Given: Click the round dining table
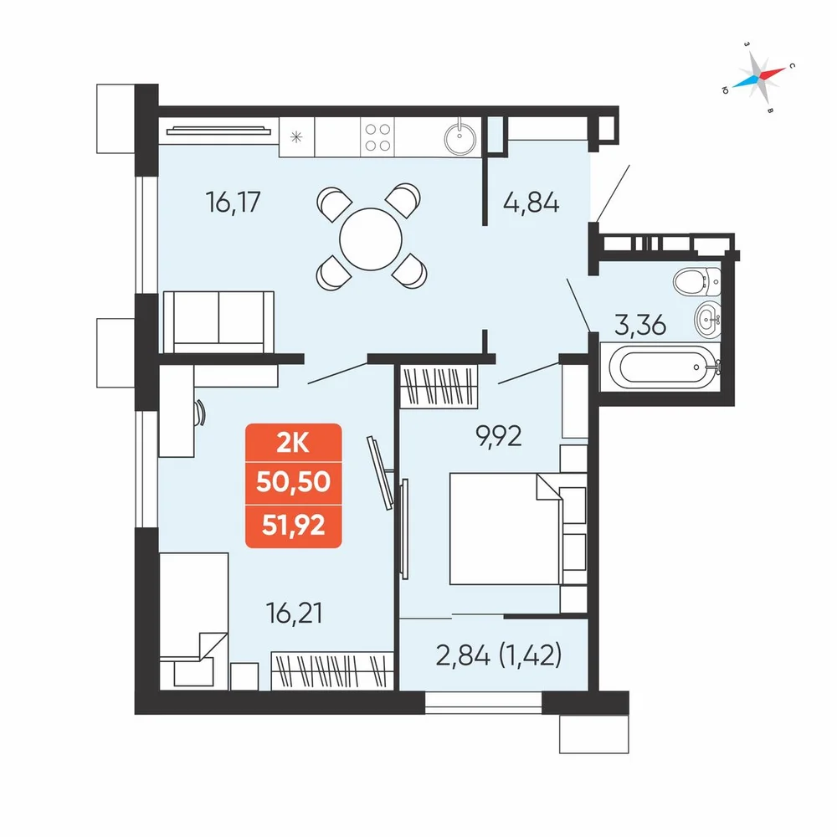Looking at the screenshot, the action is coord(371,239).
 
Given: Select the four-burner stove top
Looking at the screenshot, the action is coord(377,137).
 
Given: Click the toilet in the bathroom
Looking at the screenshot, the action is coord(697,281).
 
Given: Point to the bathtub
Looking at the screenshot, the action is coord(661,367).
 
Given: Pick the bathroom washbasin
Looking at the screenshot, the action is coord(708,319).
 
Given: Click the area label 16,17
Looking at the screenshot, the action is coord(234,203).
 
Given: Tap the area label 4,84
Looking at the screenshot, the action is coord(531,203).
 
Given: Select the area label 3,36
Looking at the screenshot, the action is coord(640,325).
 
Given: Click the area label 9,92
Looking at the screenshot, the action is coord(499,437).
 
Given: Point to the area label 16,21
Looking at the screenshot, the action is coord(294,614).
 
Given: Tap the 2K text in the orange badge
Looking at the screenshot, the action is coord(293,443).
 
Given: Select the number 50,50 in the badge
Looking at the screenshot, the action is coord(294,482).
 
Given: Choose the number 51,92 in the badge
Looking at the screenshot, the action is coord(294,526).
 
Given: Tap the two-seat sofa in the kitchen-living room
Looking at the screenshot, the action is coord(218,322).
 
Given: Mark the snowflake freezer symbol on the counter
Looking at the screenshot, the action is coord(296,137).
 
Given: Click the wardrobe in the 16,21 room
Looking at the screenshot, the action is coord(332,670).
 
